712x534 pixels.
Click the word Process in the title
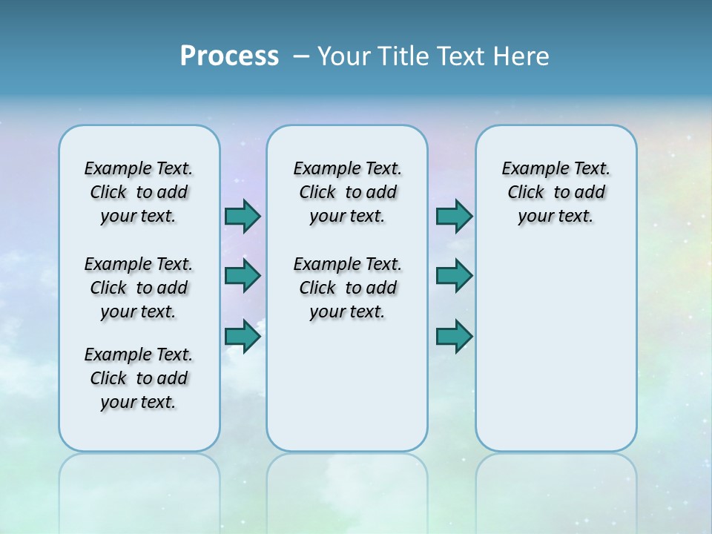229,56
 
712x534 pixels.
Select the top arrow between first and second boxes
243,216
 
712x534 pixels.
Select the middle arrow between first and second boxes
243,276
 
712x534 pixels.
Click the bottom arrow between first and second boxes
243,337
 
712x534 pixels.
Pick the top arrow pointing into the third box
454,216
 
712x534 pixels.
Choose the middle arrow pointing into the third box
454,276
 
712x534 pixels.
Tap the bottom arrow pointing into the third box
454,337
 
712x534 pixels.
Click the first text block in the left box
139,192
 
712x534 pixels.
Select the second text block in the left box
139,288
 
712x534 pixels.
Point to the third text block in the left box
139,378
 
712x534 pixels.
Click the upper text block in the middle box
347,192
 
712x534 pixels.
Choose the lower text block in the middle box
347,288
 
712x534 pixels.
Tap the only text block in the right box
556,192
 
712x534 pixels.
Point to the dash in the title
301,57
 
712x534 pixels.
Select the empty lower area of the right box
556,349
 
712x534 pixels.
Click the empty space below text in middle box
347,386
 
